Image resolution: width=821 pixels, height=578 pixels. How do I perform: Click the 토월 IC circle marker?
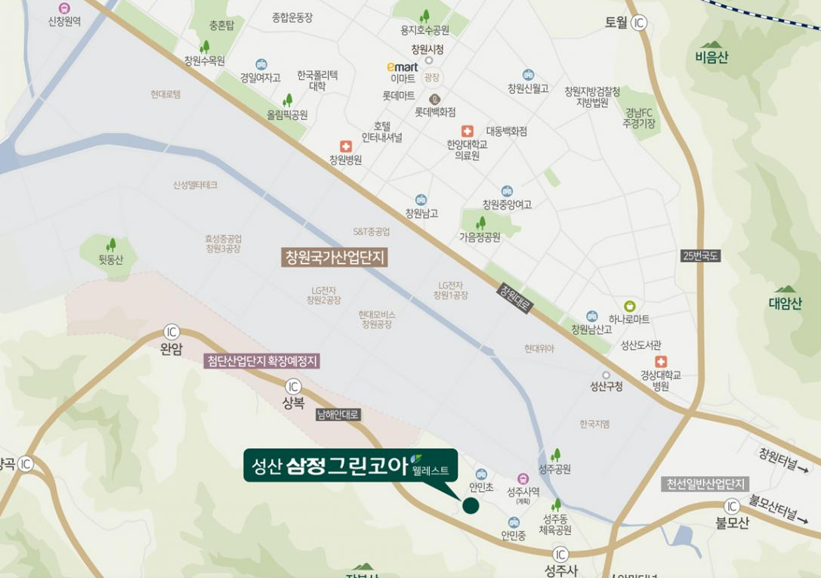click(x=640, y=23)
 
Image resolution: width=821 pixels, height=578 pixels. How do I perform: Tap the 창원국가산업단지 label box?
click(x=335, y=258)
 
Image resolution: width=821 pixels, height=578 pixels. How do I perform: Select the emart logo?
click(x=402, y=67)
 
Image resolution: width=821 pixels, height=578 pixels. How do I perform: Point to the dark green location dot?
click(x=471, y=506)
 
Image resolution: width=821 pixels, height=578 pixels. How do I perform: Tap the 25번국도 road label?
click(x=700, y=256)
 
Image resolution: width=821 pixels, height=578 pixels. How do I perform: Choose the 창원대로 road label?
click(x=515, y=298)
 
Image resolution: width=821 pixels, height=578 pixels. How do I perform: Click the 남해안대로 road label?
click(x=338, y=414)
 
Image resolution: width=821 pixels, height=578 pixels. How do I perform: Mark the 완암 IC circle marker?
click(x=172, y=332)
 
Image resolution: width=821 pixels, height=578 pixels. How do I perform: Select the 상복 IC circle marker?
click(x=293, y=387)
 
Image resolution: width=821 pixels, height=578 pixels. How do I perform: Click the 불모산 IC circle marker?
click(x=732, y=506)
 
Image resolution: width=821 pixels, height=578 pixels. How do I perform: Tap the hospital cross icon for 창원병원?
click(x=346, y=146)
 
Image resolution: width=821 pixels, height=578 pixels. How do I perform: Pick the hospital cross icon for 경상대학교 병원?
click(x=661, y=362)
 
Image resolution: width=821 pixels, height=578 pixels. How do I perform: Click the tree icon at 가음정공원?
click(x=480, y=223)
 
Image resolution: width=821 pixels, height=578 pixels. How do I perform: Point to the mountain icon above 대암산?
click(x=785, y=289)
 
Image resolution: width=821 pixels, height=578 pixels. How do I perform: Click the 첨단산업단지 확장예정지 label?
click(x=262, y=361)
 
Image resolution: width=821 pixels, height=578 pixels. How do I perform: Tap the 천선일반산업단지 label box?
click(x=705, y=484)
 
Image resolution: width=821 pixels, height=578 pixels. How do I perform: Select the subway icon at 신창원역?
click(x=64, y=8)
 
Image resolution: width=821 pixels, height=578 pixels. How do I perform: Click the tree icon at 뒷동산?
click(x=111, y=245)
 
